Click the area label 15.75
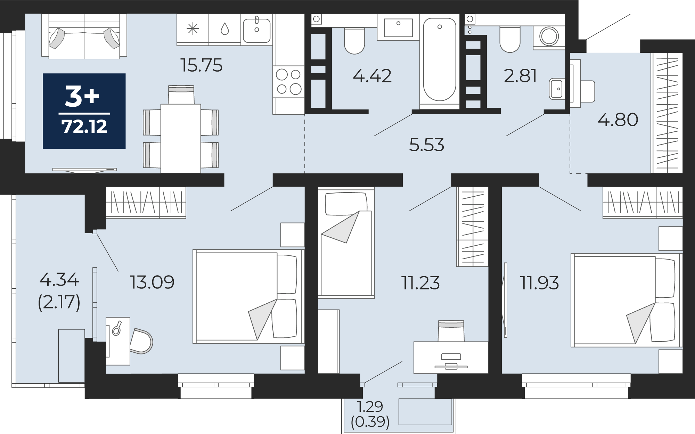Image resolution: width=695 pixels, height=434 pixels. click(x=201, y=65)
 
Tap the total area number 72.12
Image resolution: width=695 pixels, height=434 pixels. click(x=84, y=126)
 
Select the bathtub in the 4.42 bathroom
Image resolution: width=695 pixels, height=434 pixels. click(x=440, y=59)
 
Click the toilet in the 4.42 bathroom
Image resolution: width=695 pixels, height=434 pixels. click(x=354, y=41)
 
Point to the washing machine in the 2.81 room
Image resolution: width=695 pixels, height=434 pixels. click(x=549, y=36)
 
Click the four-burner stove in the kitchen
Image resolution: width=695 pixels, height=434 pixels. click(x=288, y=82)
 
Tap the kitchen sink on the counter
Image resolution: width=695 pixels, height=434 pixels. click(x=257, y=30)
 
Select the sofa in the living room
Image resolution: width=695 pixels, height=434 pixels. click(x=84, y=36)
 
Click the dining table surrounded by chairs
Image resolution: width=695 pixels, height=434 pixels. click(x=181, y=138)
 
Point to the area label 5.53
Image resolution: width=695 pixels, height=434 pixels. click(x=426, y=145)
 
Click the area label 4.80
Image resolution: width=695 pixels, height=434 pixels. click(x=618, y=120)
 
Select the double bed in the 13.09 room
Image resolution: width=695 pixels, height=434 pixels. click(x=248, y=296)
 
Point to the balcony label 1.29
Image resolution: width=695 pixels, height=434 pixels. click(x=370, y=406)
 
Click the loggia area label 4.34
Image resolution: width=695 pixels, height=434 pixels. click(x=59, y=280)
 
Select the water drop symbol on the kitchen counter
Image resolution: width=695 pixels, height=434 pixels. click(x=225, y=29)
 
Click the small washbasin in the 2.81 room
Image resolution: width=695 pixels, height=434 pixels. click(x=557, y=89)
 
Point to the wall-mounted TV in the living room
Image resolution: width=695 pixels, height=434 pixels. click(x=84, y=170)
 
